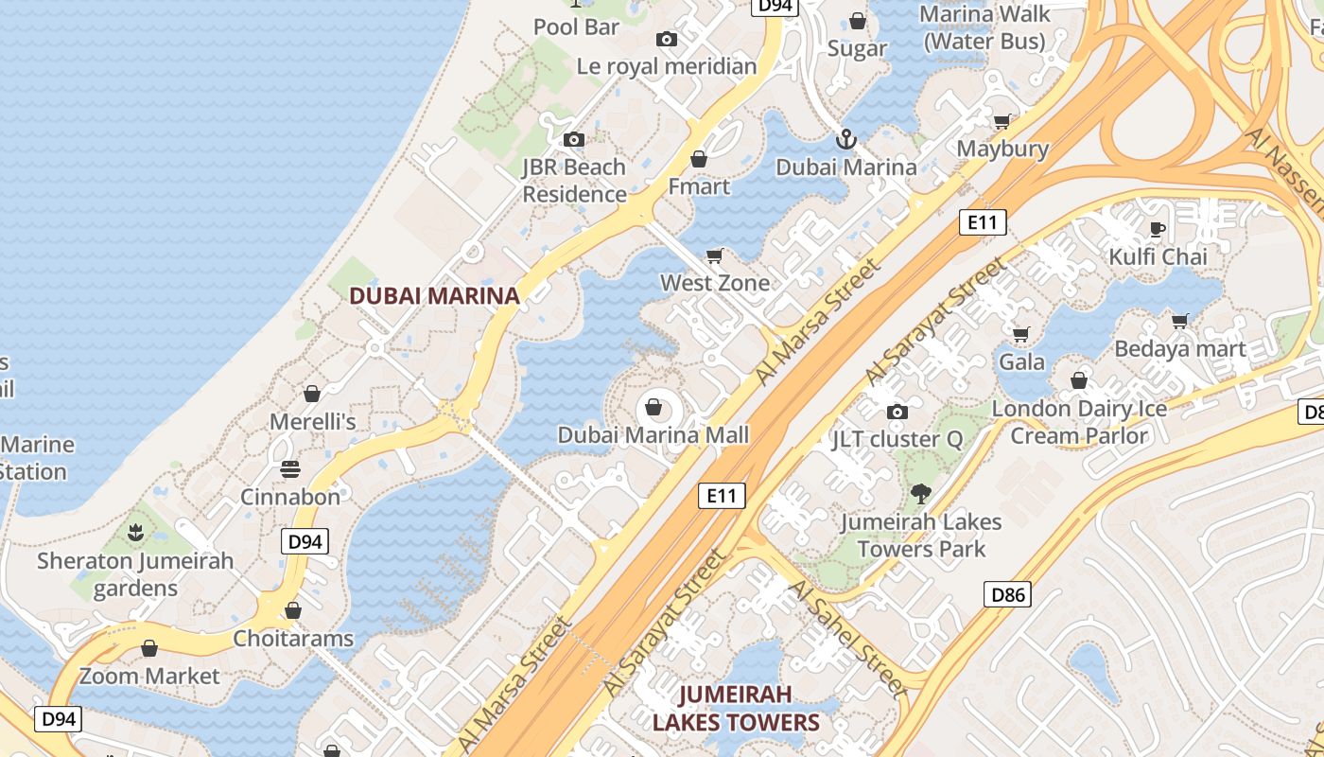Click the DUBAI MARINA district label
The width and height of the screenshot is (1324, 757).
[434, 295]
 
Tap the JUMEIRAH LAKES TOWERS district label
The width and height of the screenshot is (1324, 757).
[735, 709]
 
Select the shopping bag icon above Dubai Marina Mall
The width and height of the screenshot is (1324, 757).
[653, 408]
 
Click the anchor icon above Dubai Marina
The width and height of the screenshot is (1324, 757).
[845, 140]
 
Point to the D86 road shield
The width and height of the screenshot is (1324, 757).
[1007, 594]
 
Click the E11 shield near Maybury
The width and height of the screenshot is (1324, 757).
[983, 222]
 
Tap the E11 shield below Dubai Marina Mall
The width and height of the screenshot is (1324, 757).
[722, 495]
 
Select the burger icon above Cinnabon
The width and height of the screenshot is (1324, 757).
[290, 469]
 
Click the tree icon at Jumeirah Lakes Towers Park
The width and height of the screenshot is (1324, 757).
[920, 493]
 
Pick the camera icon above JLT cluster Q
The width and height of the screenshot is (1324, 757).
[897, 412]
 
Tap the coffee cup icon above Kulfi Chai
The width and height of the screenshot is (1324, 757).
[1158, 229]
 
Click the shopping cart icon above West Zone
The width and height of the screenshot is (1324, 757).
[715, 255]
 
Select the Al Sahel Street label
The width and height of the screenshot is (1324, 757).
[846, 635]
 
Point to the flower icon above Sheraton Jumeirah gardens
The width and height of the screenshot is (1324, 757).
[135, 533]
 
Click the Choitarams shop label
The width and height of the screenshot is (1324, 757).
[293, 638]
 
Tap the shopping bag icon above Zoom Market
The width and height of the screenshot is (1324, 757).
[148, 648]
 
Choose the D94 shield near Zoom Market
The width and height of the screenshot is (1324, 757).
[59, 718]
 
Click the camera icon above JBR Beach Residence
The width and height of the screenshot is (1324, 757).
[573, 140]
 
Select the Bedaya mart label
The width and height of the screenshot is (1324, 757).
[1179, 348]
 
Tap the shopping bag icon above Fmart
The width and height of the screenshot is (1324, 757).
[699, 159]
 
